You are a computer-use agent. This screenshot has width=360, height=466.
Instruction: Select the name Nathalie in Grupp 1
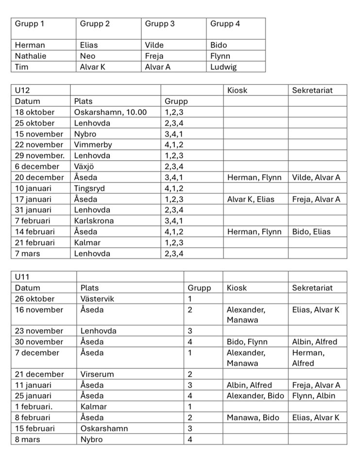31,56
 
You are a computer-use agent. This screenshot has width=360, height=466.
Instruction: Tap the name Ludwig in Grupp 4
223,67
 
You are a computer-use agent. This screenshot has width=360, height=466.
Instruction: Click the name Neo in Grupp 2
87,56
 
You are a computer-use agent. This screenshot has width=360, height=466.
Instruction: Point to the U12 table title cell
22,90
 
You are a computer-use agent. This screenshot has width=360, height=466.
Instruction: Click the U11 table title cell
22,277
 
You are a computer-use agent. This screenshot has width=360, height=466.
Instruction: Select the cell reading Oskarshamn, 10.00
110,112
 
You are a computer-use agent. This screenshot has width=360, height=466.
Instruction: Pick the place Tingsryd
89,188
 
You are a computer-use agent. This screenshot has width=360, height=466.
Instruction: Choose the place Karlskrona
94,221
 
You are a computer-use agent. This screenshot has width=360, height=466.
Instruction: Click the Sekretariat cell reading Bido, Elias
311,232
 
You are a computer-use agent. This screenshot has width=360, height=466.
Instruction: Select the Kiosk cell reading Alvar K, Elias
250,199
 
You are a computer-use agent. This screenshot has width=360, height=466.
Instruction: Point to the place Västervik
98,299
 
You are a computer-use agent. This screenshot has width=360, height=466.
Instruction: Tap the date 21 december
39,374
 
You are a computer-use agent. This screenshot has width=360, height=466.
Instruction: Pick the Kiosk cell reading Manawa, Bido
253,417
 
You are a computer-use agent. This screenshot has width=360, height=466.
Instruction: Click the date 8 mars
28,439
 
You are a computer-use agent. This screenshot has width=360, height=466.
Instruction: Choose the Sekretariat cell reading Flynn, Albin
313,396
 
